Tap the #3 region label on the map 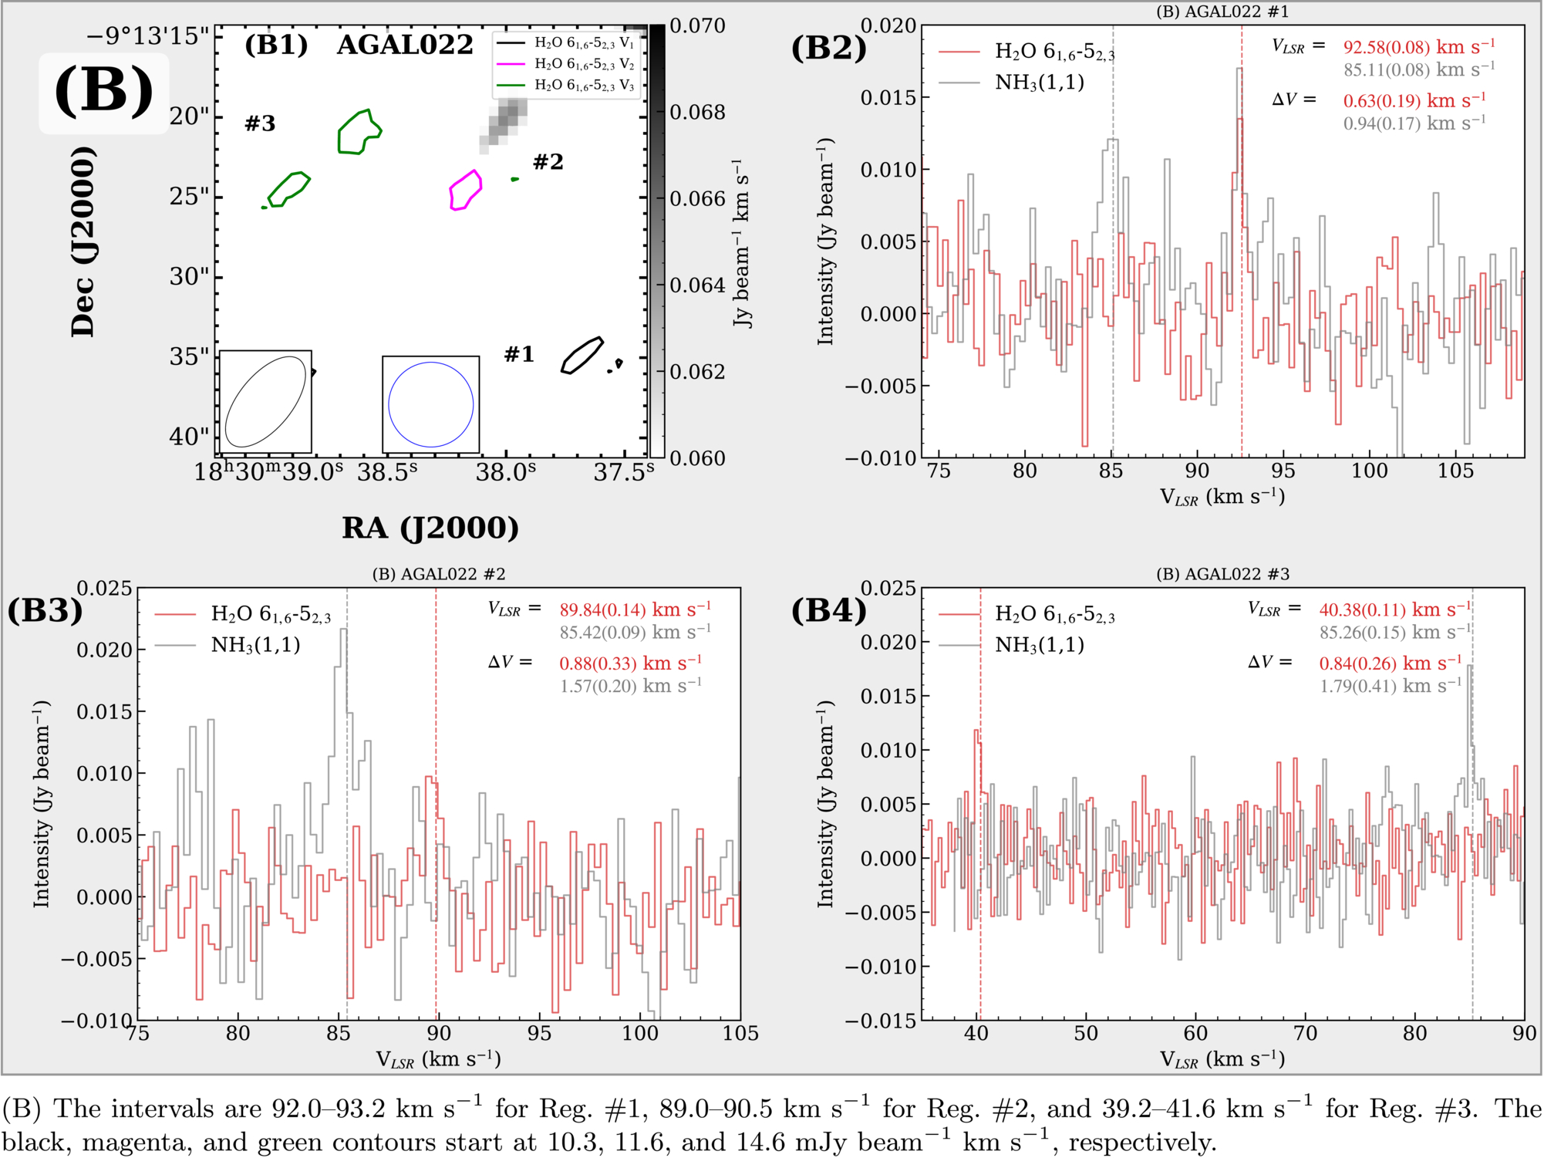[x=260, y=123]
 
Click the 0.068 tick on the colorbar [x=697, y=113]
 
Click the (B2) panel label [x=829, y=48]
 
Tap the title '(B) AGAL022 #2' [x=439, y=574]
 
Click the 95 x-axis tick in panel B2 [x=1283, y=471]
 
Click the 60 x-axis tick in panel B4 [x=1195, y=1033]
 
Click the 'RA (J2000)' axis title [x=430, y=528]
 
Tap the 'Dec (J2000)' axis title [x=83, y=241]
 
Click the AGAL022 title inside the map [x=405, y=45]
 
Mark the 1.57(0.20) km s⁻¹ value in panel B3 [x=631, y=686]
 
